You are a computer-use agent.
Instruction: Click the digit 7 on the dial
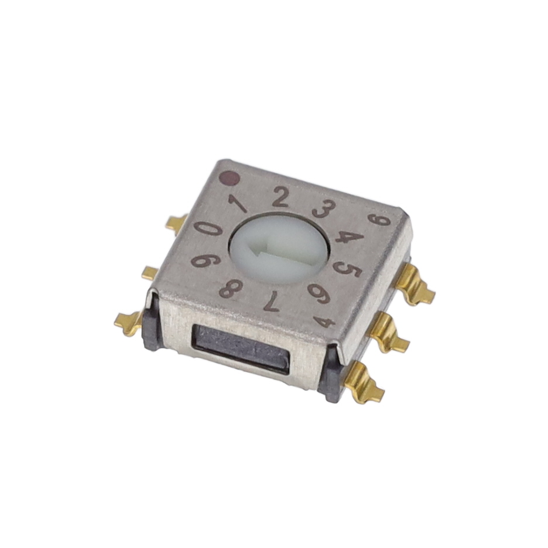271,302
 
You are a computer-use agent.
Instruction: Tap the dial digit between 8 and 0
202,260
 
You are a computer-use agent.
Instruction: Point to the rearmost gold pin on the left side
176,223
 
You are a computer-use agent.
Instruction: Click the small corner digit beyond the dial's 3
381,220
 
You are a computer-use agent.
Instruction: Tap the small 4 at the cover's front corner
325,321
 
